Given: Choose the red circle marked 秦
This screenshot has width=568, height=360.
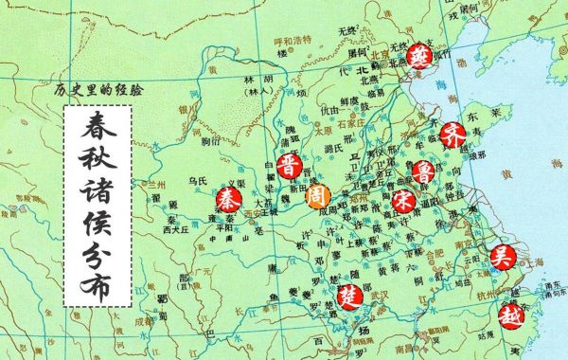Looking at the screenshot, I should pyautogui.click(x=227, y=199).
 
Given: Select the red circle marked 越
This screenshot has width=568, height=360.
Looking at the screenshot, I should pyautogui.click(x=510, y=315).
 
